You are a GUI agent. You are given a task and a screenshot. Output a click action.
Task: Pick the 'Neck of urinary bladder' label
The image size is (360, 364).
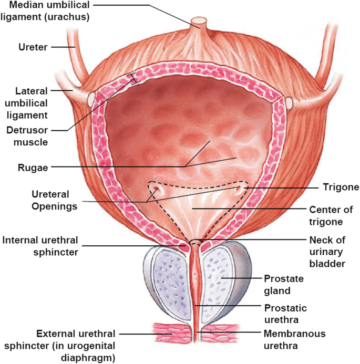pos(326,253)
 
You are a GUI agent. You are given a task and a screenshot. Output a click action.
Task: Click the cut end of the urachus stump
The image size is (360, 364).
pos(199,23)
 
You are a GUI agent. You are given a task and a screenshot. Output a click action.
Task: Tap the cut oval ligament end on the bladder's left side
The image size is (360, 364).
pos(91,98)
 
